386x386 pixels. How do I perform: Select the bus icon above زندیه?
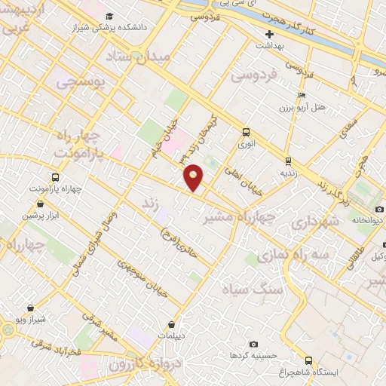coord(286,161)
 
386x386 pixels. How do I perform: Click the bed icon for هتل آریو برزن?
coord(302,96)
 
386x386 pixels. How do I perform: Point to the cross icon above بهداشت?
coord(270,34)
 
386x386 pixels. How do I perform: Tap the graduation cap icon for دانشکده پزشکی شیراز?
coord(110,17)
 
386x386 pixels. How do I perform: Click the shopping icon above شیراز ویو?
coord(30,308)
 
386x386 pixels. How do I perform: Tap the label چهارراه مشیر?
coord(234,217)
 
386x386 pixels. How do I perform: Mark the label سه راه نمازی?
coord(293,256)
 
